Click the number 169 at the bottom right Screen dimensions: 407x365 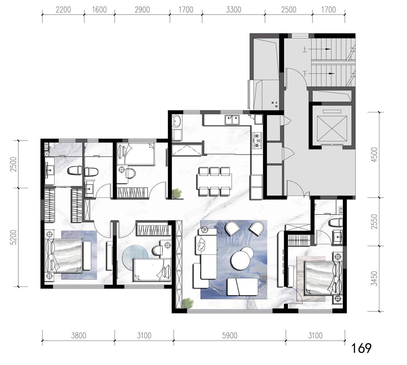pos(361,348)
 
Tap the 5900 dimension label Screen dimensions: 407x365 pos(230,335)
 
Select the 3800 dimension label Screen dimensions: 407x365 pos(79,335)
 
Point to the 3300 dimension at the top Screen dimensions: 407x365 pos(233,9)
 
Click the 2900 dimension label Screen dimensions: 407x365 pos(142,9)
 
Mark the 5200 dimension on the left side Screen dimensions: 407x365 pos(14,237)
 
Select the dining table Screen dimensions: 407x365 pos(214,181)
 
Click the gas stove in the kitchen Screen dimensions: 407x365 pos(257,140)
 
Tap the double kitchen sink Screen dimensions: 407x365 pos(232,120)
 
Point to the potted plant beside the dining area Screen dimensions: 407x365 pos(176,193)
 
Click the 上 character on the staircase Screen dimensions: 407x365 pos(305,49)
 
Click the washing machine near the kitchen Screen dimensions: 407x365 pos(177,121)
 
